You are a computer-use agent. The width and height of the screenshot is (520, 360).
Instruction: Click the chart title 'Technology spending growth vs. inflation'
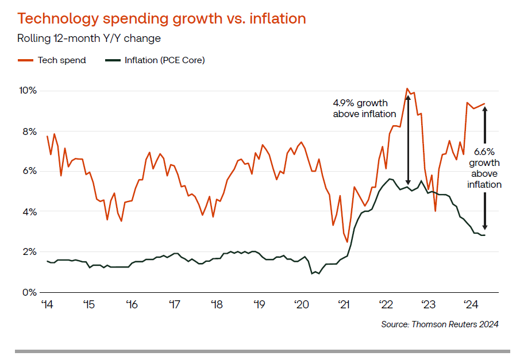pyautogui.click(x=161, y=18)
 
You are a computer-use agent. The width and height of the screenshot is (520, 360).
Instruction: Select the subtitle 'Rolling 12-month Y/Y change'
pyautogui.click(x=89, y=39)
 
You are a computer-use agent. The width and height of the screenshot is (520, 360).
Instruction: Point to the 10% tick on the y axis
pyautogui.click(x=28, y=91)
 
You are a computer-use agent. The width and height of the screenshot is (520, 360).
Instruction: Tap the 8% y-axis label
pyautogui.click(x=30, y=131)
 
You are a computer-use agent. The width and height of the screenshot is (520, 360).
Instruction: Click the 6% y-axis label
pyautogui.click(x=30, y=171)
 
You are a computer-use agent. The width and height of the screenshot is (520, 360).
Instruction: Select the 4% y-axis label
pyautogui.click(x=30, y=212)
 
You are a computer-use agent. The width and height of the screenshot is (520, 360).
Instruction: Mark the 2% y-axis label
pyautogui.click(x=30, y=252)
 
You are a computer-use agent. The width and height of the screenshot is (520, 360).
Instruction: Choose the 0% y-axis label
pyautogui.click(x=30, y=292)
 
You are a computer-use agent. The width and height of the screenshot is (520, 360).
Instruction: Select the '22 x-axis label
pyautogui.click(x=386, y=304)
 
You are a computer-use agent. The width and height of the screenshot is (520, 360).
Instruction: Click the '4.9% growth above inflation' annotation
pyautogui.click(x=360, y=109)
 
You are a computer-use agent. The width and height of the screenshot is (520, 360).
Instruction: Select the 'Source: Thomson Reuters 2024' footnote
pyautogui.click(x=440, y=324)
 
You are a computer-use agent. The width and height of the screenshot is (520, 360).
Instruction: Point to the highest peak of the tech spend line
pyautogui.click(x=407, y=88)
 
